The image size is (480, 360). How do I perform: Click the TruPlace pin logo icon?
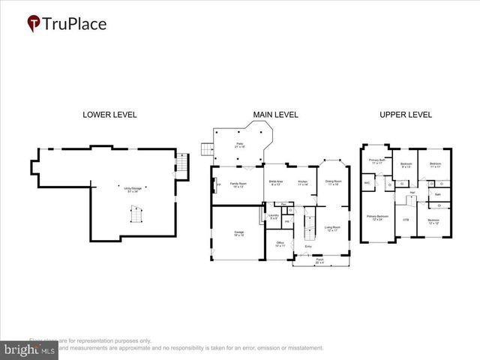tap(34, 24)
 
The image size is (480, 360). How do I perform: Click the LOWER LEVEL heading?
tap(109, 115)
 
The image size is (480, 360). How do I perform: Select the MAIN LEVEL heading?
tap(275, 115)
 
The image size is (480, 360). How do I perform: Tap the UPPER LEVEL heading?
tap(406, 115)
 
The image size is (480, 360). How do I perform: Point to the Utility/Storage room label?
tap(135, 190)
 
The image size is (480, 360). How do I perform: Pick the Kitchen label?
tap(303, 182)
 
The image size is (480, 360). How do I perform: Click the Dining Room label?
tap(333, 182)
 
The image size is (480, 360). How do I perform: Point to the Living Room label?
tap(332, 228)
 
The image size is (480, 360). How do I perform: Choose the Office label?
tap(280, 244)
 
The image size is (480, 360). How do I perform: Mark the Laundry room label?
tap(274, 217)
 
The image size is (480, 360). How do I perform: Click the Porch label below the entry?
tap(319, 262)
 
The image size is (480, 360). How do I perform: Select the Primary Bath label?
tap(376, 161)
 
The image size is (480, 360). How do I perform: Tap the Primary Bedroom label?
tap(375, 217)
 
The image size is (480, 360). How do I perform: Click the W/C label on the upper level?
tap(367, 182)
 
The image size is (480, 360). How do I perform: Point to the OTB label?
tap(406, 220)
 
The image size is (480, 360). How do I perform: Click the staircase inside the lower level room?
tap(136, 217)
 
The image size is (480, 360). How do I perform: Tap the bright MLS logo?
tap(30, 349)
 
